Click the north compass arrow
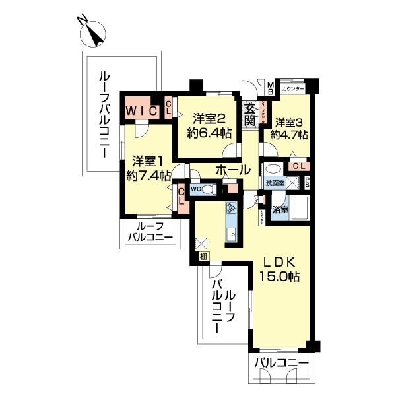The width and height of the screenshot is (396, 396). click(x=95, y=32)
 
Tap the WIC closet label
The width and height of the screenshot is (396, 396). click(x=141, y=110)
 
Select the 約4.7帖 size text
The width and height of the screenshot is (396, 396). click(x=291, y=135)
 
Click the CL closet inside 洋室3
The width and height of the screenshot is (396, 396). click(x=298, y=166)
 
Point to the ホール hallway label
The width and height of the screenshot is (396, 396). click(x=232, y=170)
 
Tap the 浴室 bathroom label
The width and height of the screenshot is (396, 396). click(x=280, y=210)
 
